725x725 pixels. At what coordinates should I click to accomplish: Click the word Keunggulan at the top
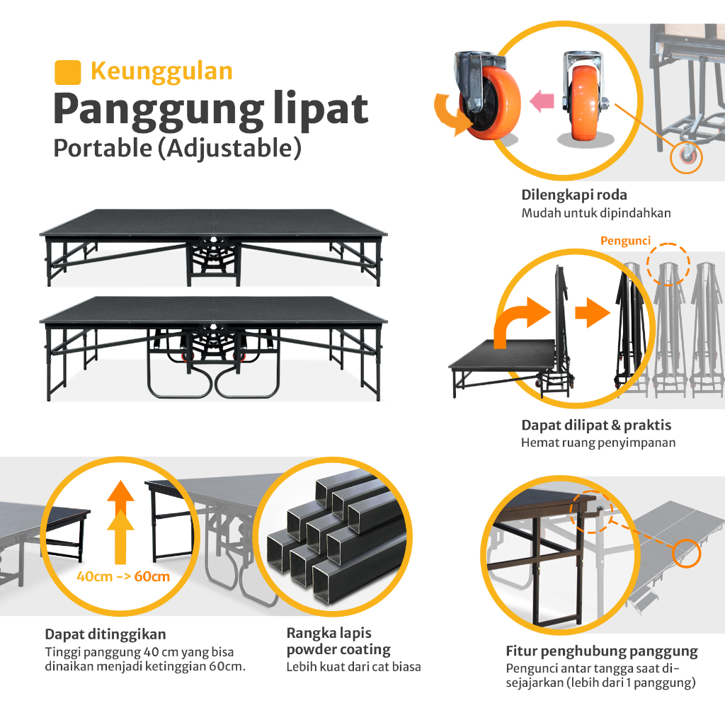(161, 72)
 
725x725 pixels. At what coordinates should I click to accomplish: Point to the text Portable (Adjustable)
(173, 149)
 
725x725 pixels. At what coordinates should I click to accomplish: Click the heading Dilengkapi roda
(574, 195)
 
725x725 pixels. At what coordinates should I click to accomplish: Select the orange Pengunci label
(625, 241)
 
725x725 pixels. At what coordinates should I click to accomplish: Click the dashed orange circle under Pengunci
(668, 264)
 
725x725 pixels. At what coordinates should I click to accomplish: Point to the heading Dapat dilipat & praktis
(596, 426)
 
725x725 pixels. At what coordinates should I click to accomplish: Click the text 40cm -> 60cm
(123, 576)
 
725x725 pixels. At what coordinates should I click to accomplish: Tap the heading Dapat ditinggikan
(105, 634)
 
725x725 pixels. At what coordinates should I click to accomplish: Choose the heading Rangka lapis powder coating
(338, 641)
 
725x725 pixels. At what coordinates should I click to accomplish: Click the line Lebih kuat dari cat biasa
(353, 666)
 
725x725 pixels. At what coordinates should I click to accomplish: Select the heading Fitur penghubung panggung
(602, 651)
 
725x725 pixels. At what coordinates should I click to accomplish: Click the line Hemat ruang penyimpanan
(598, 443)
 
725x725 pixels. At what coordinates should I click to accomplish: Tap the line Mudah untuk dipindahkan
(596, 212)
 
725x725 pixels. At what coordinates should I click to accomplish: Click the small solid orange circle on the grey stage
(685, 552)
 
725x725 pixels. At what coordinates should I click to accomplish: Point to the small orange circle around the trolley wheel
(686, 158)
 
